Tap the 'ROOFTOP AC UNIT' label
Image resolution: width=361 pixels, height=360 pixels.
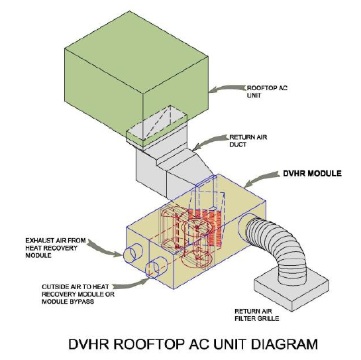(267, 91)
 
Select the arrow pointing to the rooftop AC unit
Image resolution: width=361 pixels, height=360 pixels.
(227, 89)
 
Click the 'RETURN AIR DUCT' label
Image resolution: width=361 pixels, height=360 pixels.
(248, 141)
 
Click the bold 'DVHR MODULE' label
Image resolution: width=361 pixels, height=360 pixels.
(312, 173)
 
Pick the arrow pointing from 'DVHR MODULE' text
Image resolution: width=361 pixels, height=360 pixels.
(262, 178)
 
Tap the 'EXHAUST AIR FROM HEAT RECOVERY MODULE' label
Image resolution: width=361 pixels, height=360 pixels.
(55, 248)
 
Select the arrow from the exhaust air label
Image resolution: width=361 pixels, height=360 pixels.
(105, 249)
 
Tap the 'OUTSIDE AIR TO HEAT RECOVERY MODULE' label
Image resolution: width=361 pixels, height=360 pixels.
(78, 294)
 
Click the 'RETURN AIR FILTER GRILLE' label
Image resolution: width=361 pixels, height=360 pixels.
(257, 315)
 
